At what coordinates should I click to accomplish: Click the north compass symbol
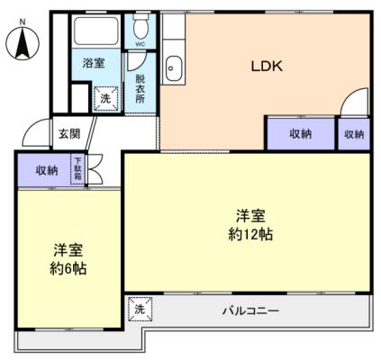23,42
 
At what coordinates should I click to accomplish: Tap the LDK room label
267,67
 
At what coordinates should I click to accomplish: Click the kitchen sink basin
174,68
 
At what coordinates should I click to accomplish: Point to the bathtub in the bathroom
95,31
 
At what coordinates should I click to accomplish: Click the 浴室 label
94,63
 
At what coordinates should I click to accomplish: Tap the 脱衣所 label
140,89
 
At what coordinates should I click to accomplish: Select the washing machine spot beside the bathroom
105,98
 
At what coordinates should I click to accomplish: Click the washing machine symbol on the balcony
140,309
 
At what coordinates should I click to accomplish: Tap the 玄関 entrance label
69,134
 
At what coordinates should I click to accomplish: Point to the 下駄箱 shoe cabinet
78,169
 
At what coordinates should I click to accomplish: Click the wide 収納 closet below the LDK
301,134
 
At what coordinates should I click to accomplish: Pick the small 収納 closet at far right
354,134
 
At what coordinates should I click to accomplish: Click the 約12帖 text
250,234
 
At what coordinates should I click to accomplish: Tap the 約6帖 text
68,268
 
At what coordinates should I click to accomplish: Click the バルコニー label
250,310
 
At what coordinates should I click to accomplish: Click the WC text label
141,44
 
